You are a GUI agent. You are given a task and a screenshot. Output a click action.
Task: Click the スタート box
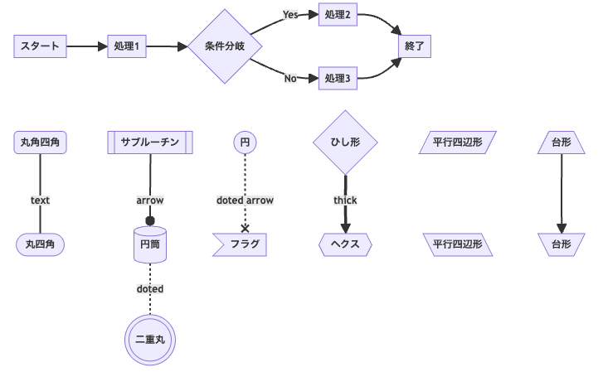click(40, 46)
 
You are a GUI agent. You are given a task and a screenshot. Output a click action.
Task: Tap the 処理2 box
click(338, 15)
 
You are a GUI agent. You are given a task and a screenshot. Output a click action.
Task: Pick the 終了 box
click(415, 46)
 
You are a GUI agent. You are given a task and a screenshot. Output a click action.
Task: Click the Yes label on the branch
click(290, 15)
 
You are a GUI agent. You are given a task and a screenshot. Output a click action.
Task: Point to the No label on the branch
click(290, 79)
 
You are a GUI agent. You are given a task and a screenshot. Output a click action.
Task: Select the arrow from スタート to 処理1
click(86, 46)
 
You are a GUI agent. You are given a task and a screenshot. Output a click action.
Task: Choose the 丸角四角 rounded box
click(40, 143)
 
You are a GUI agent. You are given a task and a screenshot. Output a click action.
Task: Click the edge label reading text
click(40, 200)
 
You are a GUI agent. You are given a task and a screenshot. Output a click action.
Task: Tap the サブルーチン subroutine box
click(150, 143)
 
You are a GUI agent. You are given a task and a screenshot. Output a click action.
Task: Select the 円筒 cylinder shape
click(150, 244)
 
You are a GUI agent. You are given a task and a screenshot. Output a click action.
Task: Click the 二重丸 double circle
click(150, 339)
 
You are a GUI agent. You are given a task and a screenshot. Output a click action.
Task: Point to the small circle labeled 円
click(245, 143)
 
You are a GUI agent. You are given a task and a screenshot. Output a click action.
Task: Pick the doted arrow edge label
click(245, 200)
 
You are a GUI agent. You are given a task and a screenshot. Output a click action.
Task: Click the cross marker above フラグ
click(245, 228)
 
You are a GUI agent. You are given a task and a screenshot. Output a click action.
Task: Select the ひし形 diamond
click(345, 143)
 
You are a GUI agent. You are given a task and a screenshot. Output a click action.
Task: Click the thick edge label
click(345, 200)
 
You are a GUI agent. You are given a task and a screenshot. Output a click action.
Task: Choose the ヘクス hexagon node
click(345, 244)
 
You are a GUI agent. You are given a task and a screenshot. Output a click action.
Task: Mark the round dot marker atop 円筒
click(150, 221)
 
